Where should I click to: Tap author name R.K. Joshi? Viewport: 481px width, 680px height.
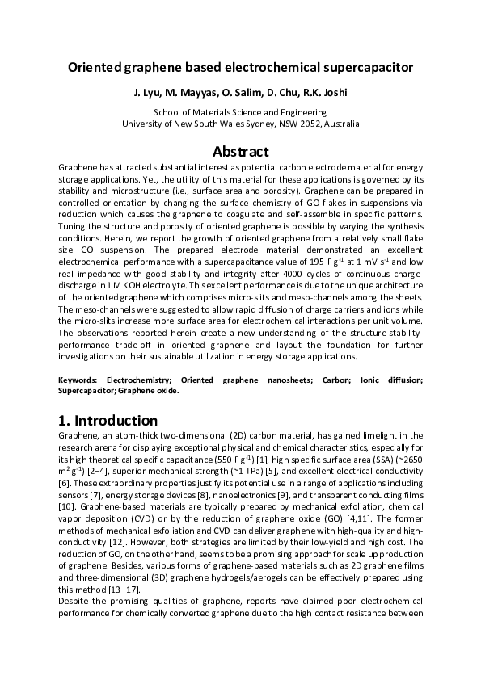326,94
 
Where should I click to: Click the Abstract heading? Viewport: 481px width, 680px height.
240,151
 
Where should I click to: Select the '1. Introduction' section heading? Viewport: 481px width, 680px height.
108,421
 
